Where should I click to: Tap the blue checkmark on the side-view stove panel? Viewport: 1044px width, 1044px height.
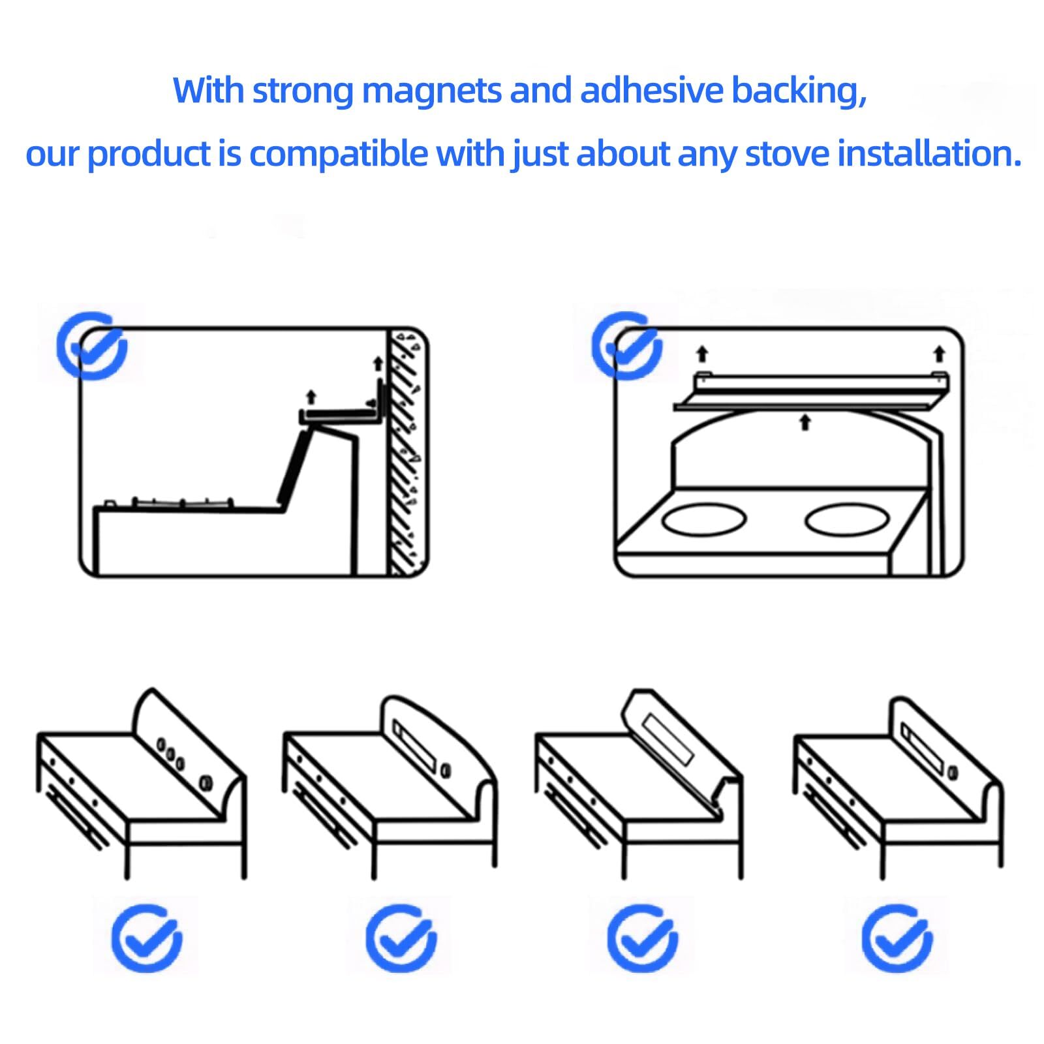(91, 346)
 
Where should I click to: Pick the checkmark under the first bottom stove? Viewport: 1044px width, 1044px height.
(147, 939)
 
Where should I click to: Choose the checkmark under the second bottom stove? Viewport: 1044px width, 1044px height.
(401, 939)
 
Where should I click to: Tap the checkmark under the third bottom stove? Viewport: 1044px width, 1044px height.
(642, 939)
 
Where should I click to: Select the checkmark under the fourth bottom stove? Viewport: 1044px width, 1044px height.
(897, 939)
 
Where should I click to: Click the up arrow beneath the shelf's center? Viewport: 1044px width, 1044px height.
(805, 422)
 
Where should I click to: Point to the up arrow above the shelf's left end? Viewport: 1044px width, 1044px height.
(702, 354)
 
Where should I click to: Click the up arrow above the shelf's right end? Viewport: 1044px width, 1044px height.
(939, 354)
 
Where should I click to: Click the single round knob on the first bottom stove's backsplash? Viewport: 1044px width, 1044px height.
(206, 781)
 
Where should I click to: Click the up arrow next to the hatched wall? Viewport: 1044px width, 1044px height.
(377, 363)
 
